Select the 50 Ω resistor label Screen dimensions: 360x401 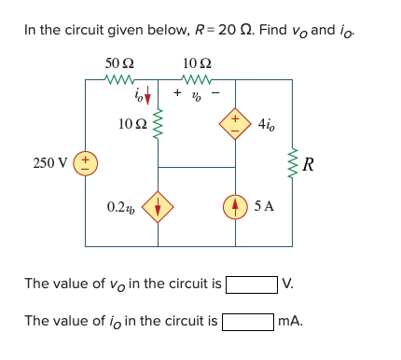click(120, 63)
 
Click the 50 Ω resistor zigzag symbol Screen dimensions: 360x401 click(120, 80)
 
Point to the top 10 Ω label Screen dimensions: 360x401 click(198, 63)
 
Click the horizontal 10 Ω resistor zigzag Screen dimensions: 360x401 click(198, 80)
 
